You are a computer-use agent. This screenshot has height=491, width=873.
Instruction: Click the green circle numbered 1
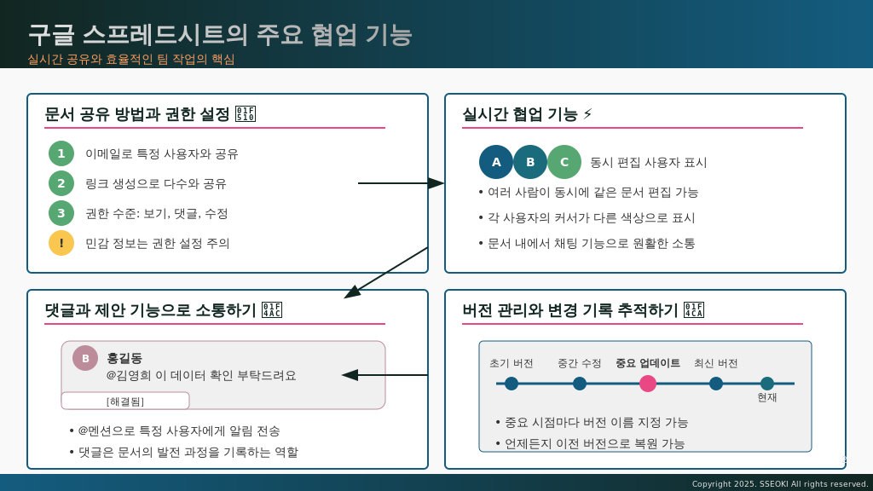click(x=61, y=153)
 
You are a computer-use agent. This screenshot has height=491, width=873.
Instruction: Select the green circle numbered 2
click(x=61, y=183)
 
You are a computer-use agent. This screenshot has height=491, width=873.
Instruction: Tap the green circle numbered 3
click(x=61, y=213)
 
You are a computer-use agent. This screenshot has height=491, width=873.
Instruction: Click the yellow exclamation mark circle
click(x=61, y=243)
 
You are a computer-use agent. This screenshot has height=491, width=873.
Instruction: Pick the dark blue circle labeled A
click(x=496, y=162)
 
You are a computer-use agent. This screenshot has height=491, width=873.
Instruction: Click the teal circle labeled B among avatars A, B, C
click(x=530, y=162)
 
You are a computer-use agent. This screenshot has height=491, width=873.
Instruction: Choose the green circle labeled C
click(x=564, y=162)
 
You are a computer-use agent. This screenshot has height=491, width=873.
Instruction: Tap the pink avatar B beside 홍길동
click(x=85, y=358)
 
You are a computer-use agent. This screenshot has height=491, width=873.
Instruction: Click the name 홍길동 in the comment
click(x=124, y=358)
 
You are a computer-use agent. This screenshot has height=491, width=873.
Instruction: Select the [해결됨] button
click(x=125, y=401)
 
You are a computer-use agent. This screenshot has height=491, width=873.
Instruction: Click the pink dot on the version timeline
click(x=648, y=384)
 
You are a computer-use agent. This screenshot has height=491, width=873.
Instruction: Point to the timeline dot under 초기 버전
click(x=512, y=384)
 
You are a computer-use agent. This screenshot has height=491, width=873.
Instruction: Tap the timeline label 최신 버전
click(x=716, y=363)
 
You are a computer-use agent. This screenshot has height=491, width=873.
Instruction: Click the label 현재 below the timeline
click(x=767, y=397)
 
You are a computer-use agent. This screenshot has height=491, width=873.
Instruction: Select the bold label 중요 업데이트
click(x=648, y=363)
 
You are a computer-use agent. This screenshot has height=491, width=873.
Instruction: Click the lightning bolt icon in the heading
click(x=587, y=114)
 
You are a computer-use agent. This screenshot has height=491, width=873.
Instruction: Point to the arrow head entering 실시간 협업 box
click(x=436, y=183)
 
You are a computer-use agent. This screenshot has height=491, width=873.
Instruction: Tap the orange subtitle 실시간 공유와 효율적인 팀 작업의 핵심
click(x=131, y=59)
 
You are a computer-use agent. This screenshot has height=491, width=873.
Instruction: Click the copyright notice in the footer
click(x=780, y=483)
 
